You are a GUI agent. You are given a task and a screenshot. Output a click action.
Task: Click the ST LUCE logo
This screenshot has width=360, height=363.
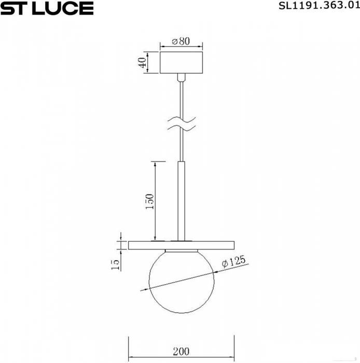coord(47,8)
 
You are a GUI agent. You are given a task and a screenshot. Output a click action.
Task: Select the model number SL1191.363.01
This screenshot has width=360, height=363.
coord(319,5)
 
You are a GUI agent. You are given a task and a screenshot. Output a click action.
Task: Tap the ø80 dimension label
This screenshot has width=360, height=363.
coord(181,41)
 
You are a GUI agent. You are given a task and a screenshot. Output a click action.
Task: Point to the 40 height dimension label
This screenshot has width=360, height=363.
coord(142,63)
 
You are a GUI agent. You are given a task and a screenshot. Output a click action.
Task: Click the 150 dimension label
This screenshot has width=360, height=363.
coord(149,201)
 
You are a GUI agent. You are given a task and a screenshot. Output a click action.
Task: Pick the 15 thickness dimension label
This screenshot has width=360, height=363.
coord(115,264)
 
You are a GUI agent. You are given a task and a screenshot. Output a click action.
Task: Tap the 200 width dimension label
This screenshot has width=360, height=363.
coord(181,352)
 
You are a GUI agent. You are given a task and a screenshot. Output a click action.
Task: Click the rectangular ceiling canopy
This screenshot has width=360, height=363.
coord(181,63)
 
